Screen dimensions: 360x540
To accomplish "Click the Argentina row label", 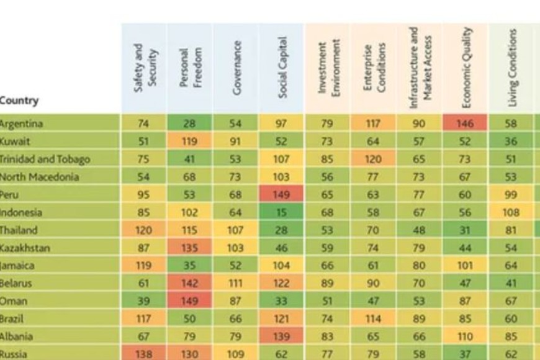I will [x=21, y=124].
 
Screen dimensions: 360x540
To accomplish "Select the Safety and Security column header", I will [x=144, y=68].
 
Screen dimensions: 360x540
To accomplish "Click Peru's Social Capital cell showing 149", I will [x=281, y=194].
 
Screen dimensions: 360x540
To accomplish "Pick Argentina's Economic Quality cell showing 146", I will [x=465, y=124].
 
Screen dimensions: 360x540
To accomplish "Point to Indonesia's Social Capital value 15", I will [x=281, y=212].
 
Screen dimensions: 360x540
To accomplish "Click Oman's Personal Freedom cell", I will [x=190, y=301].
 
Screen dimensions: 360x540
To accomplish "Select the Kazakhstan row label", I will [x=25, y=248].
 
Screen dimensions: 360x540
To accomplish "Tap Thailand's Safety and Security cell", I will [x=143, y=230].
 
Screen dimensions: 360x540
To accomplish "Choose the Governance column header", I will [x=236, y=68].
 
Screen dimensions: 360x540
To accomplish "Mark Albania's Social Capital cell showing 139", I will [x=281, y=337].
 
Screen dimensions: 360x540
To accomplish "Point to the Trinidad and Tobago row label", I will [x=45, y=159].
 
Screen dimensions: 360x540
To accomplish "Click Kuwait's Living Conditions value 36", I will [x=511, y=141].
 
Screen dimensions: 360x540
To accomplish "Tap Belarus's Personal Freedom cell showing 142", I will [x=190, y=284].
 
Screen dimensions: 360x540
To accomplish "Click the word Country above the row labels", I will [x=19, y=101].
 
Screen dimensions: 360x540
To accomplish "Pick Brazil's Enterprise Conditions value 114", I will [x=373, y=319].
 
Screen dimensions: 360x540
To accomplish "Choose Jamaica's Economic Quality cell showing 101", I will [x=465, y=266].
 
